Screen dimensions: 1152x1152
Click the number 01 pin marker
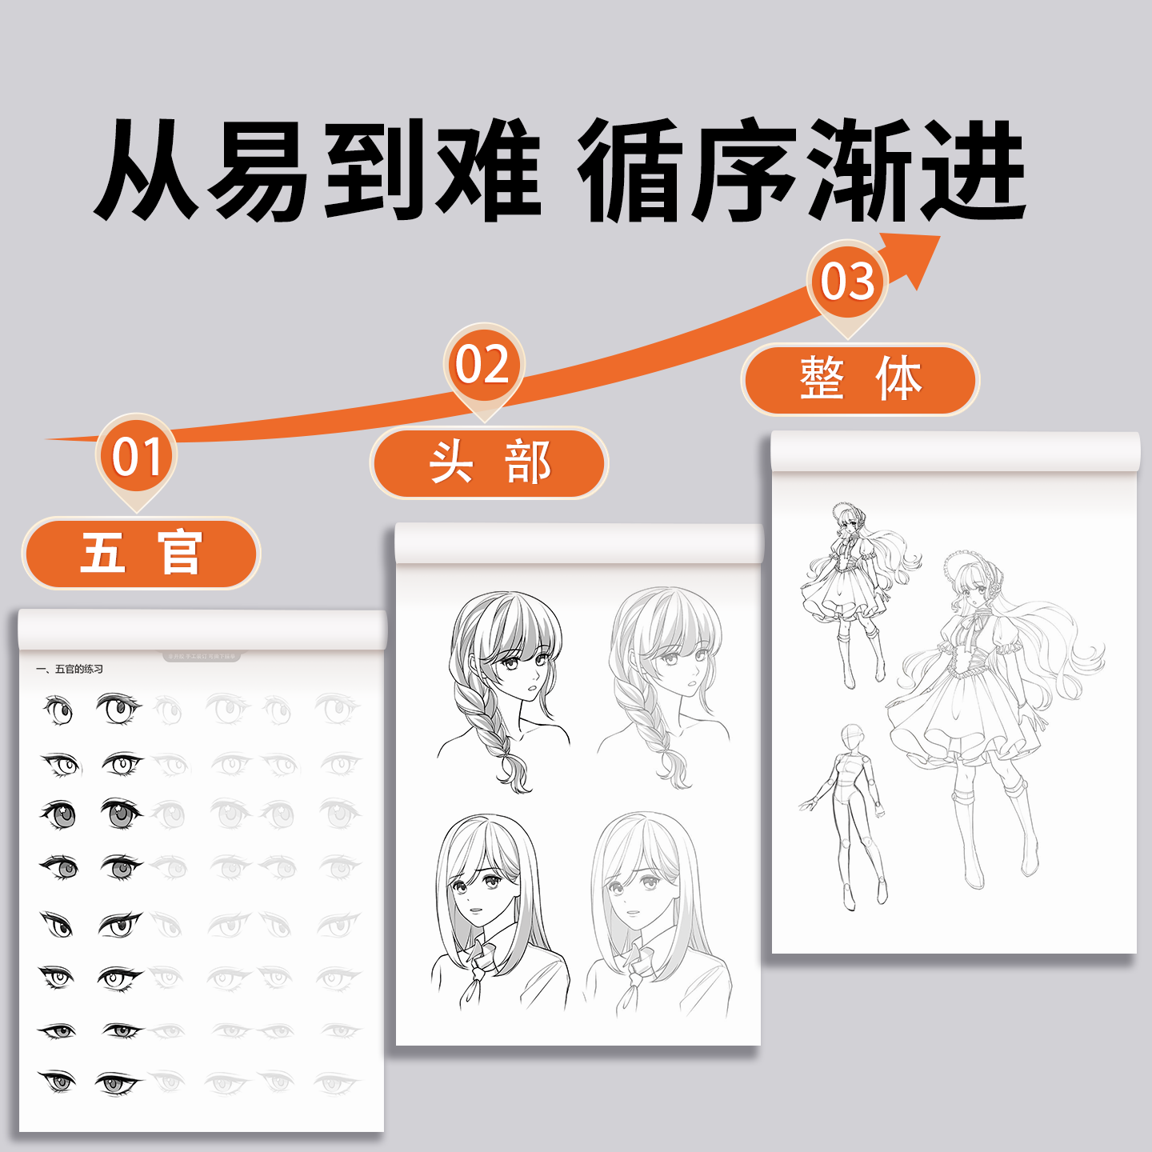(136, 458)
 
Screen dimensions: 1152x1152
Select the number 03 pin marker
(847, 282)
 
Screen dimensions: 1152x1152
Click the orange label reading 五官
(141, 553)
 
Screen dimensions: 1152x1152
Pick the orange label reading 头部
(489, 462)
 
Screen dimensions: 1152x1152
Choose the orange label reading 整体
(860, 379)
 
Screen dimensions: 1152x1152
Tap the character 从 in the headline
(147, 170)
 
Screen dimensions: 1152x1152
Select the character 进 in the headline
(973, 170)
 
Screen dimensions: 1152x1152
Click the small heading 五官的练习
(70, 669)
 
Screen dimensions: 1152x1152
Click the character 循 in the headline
(632, 170)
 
